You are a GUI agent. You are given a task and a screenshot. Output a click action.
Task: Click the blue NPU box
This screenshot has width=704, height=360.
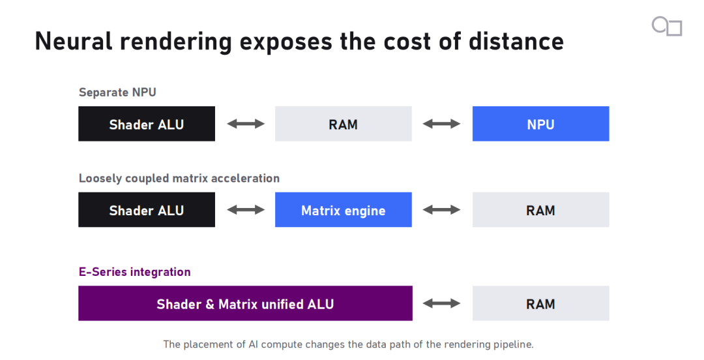coord(540,124)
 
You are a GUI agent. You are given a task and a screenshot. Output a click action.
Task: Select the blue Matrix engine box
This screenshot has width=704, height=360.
coord(344,210)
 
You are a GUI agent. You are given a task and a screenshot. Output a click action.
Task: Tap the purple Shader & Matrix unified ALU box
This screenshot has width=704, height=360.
coord(245,303)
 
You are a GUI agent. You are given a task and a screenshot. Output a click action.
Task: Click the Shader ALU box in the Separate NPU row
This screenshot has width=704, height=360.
coord(147,124)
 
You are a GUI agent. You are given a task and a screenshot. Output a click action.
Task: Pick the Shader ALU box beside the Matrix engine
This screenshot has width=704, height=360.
coord(147,210)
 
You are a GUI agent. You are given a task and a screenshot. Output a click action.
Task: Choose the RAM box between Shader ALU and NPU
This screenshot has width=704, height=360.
coord(344,124)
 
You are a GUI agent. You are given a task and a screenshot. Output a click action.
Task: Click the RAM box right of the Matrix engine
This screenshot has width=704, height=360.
coord(540,210)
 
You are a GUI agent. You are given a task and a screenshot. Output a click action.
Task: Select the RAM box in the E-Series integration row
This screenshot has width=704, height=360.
coord(540,303)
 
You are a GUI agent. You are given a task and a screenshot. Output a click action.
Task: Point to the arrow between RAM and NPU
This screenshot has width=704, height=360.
coord(442,124)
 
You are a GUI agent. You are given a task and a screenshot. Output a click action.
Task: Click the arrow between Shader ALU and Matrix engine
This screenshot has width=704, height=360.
coord(246,210)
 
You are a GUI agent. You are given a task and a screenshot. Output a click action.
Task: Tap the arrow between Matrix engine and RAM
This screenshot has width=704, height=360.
coord(442,210)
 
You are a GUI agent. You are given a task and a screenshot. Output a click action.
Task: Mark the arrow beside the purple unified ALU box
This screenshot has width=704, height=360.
coord(442,303)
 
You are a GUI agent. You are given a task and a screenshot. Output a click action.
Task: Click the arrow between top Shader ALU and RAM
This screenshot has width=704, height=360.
coord(246,124)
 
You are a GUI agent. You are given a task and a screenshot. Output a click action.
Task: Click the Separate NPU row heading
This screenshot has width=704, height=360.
coord(117,93)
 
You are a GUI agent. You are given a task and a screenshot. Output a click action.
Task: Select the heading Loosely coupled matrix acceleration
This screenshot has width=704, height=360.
coord(179,179)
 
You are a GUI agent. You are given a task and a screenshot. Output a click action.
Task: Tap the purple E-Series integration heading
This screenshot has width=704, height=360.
coord(135,272)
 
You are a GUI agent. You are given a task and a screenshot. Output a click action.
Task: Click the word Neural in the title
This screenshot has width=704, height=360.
coord(74,41)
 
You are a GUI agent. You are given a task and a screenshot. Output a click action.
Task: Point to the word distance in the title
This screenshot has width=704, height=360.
coord(516,41)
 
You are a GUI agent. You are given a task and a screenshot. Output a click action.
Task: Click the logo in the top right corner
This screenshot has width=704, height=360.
coord(667,26)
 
